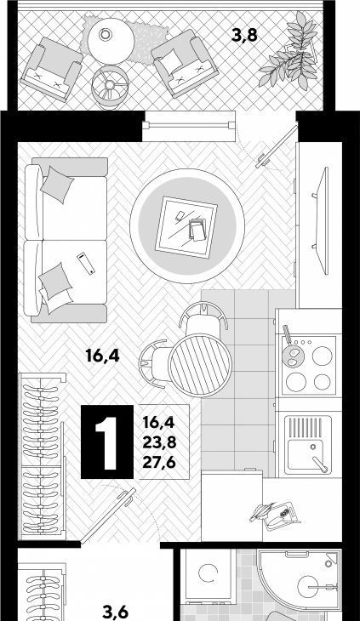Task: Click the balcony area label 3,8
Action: coord(244,36)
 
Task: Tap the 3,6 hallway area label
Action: coord(115,612)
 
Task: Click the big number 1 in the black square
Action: coord(107,442)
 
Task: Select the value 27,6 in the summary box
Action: coord(159,462)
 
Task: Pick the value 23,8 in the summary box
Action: coord(159,442)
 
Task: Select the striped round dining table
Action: coord(200,365)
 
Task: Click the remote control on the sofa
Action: coord(86,263)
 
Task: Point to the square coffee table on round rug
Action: coord(186,227)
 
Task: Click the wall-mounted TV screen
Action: coord(322,221)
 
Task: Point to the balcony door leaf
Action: coord(277,146)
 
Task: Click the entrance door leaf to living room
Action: coord(108,516)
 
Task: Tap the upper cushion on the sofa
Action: coord(57,185)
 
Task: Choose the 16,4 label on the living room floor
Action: coord(102,356)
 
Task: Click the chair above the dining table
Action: coord(203,316)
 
